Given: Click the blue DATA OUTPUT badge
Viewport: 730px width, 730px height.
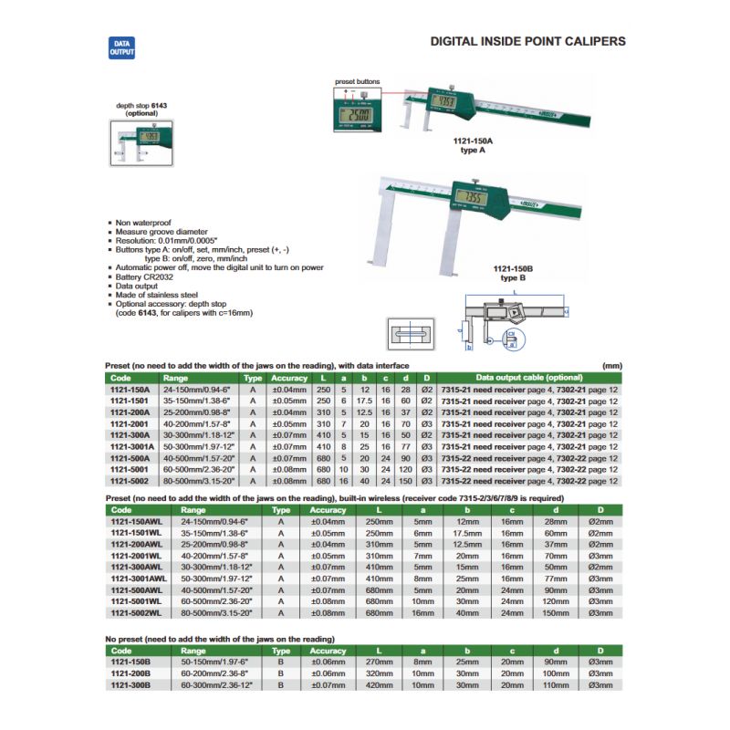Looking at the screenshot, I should click(x=121, y=49).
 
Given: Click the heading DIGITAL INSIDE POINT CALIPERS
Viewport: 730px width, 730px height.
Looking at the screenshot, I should click(x=527, y=42).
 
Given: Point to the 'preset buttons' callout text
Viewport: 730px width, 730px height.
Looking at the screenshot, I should click(x=356, y=80).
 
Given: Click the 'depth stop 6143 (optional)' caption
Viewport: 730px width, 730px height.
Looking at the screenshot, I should click(x=141, y=109).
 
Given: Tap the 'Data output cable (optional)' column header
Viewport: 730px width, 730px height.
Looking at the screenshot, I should click(x=529, y=378).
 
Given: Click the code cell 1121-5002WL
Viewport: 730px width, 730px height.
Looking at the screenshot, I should click(x=133, y=612).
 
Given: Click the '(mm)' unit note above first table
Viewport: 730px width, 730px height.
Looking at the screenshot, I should click(x=612, y=364).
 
